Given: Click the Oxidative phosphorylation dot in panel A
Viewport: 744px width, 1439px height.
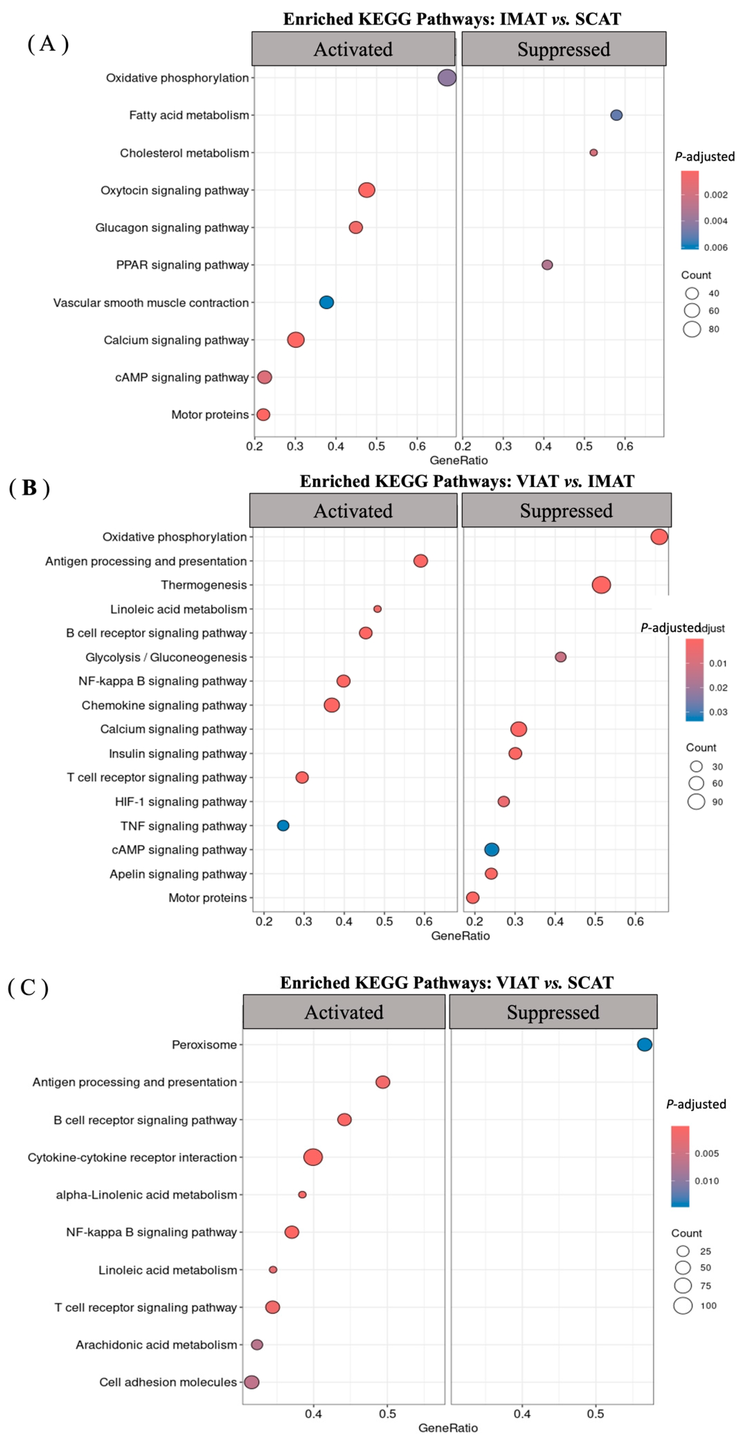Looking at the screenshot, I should pos(446,78).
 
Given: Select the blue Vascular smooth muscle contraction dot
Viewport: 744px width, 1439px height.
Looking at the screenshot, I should pos(327,302).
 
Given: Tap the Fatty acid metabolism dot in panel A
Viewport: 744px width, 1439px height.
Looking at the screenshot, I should pos(616,115).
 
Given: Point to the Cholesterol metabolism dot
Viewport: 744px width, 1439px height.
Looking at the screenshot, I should pos(593,152).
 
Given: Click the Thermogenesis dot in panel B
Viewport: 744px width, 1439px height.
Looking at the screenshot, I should pos(601,585).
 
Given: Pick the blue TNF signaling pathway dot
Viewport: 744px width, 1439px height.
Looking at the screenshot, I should pos(283,825).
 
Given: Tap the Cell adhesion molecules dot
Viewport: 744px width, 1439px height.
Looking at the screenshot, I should pos(252,1381).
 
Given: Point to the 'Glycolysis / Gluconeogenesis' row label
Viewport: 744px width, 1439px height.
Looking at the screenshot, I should pos(166,657).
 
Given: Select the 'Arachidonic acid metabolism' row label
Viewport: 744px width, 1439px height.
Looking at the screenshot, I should pos(156,1344).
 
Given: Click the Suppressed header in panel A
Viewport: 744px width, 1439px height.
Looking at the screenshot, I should pos(564,49).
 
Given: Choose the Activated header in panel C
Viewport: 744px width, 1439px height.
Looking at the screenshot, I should pos(344,1012).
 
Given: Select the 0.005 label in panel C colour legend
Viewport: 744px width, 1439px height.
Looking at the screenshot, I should pos(707,1153).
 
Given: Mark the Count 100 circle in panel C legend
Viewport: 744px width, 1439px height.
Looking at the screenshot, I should pos(683,1306).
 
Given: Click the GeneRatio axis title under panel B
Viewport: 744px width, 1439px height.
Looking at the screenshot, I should pos(461,936).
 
